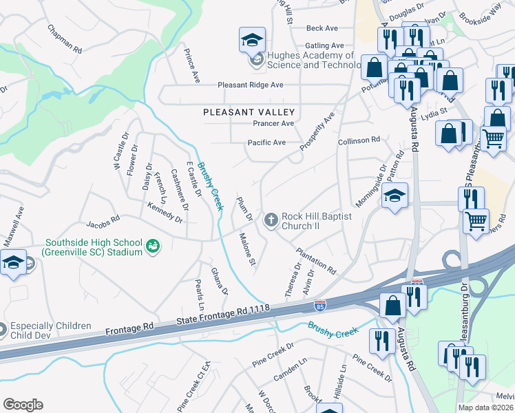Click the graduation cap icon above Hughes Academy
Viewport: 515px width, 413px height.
click(x=252, y=40)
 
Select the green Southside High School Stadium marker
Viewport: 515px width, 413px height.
click(x=154, y=244)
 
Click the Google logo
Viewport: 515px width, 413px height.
click(x=23, y=405)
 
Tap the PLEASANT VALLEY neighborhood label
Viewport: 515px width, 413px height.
click(x=249, y=112)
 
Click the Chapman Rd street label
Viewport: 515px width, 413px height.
click(x=64, y=40)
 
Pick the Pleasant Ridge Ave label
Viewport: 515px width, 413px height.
click(x=251, y=85)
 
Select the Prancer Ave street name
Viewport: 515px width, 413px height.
click(x=273, y=123)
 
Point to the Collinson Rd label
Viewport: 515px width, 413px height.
click(x=359, y=140)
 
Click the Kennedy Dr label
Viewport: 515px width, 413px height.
click(x=165, y=213)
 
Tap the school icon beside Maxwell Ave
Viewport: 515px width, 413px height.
click(x=14, y=262)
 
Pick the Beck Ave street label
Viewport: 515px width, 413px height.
click(x=322, y=28)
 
